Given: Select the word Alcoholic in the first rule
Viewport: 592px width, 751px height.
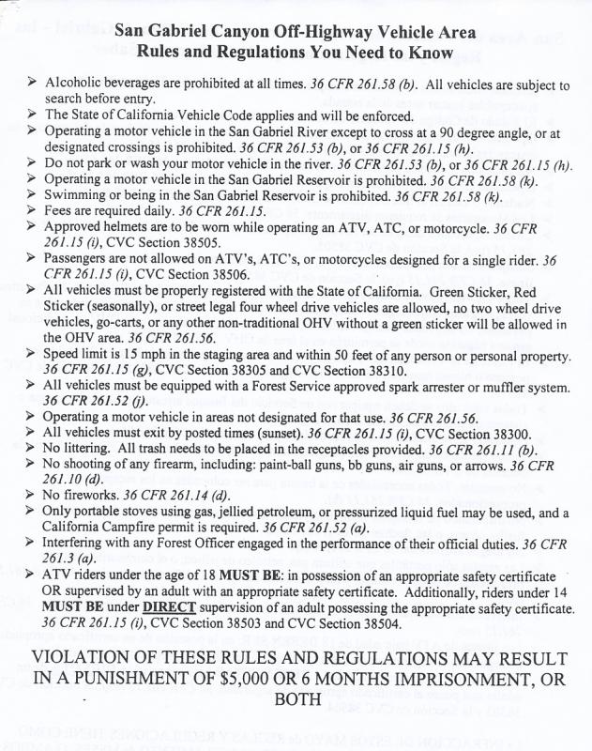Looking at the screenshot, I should click(75, 84).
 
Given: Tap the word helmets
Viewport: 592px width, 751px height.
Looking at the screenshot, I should click(129, 229).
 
